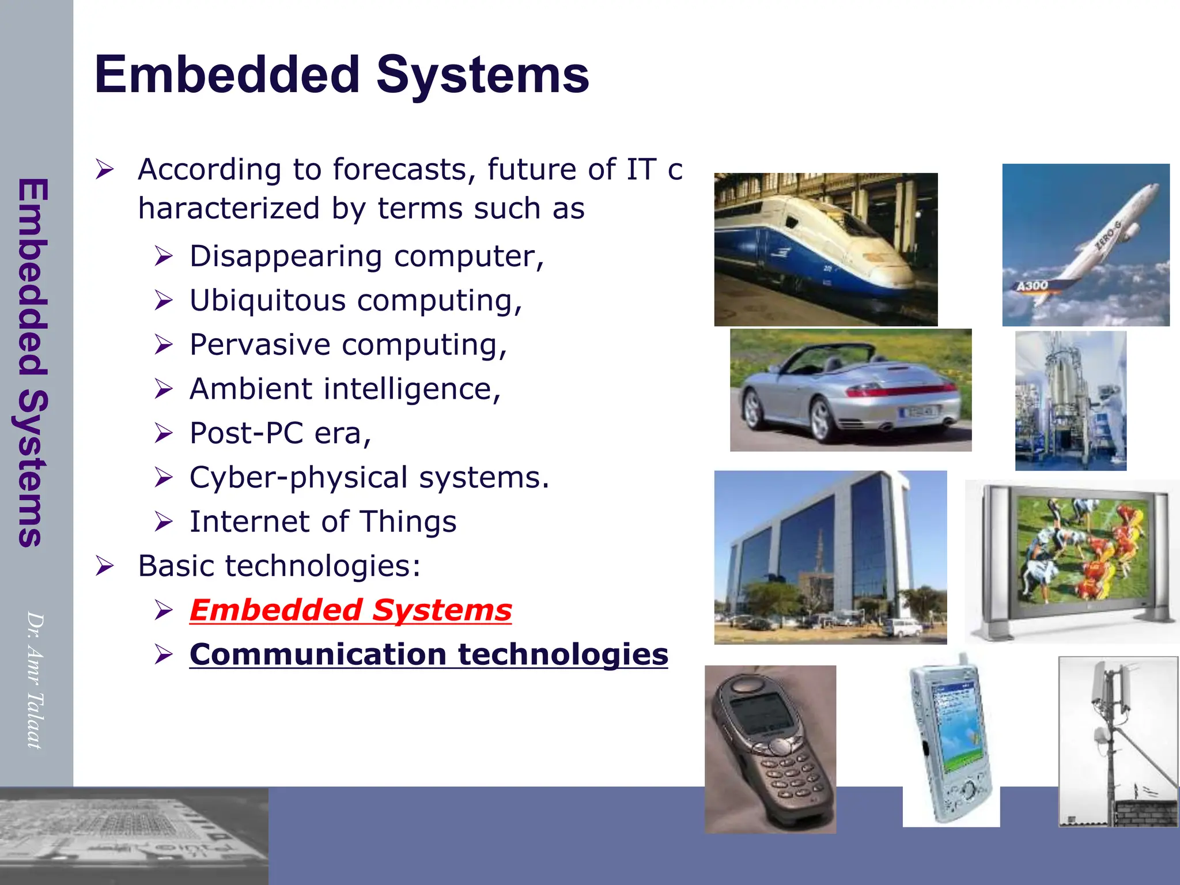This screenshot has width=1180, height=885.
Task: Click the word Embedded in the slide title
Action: click(x=228, y=75)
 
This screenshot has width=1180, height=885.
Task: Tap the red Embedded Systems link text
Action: click(x=350, y=610)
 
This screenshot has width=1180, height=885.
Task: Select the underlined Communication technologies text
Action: click(x=429, y=655)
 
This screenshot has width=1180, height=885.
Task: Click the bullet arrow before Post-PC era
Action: click(x=164, y=433)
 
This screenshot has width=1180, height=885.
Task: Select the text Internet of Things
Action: click(x=323, y=522)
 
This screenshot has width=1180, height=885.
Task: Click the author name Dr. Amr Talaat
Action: click(x=36, y=680)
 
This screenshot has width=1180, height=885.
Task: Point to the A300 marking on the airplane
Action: click(x=1032, y=286)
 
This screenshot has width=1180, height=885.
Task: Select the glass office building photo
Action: click(x=830, y=557)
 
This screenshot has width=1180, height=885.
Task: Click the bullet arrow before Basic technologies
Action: click(x=105, y=566)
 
